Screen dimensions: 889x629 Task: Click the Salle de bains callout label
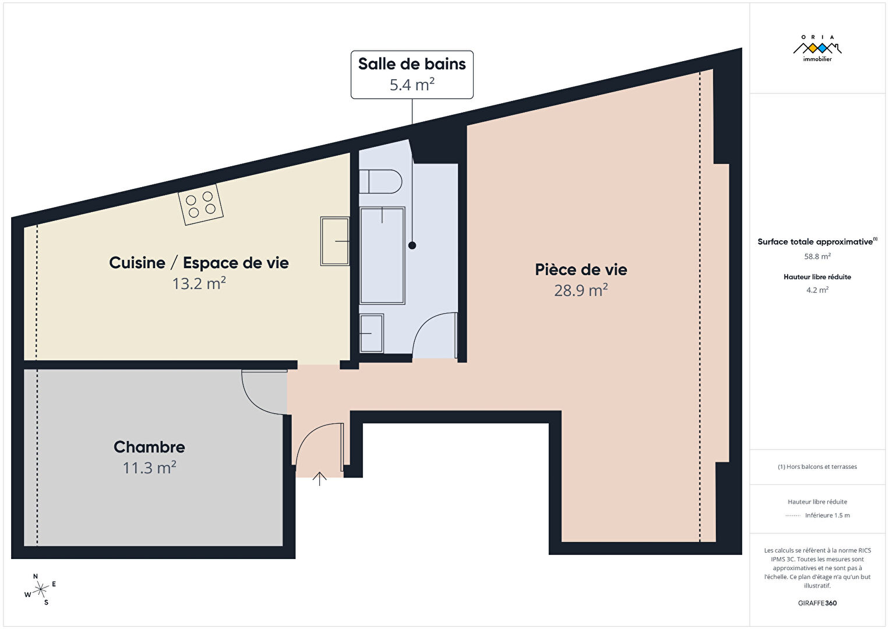coord(412,74)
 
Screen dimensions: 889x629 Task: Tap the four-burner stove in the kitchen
coord(200,205)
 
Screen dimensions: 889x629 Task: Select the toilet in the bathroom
coord(380,181)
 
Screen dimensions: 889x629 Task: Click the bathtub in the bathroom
coord(382,255)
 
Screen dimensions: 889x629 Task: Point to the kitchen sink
coord(334,241)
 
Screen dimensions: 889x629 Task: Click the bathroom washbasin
coord(372,333)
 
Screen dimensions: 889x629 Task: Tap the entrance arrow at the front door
coord(319,479)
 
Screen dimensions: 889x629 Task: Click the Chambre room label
coord(149,447)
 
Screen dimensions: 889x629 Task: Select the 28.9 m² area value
coord(581,290)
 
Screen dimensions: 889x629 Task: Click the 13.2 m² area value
coord(199,283)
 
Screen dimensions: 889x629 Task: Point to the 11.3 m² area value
coord(149,468)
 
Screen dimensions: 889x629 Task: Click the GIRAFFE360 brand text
coord(817,603)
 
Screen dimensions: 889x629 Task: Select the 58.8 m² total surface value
coord(817,256)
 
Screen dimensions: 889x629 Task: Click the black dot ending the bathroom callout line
coord(412,245)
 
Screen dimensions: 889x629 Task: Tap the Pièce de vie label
coord(581,270)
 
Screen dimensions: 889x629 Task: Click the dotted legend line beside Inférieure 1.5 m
coord(793,516)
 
